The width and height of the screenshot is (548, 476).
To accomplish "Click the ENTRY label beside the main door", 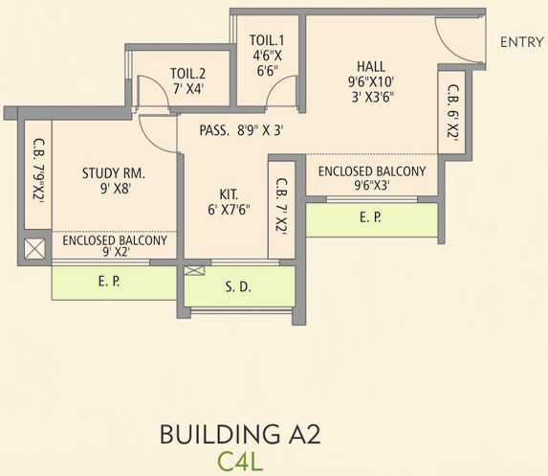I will [x=520, y=42].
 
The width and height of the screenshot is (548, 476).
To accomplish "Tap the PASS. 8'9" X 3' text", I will [x=241, y=131].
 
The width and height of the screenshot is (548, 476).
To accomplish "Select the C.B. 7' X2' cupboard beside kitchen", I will [x=282, y=207].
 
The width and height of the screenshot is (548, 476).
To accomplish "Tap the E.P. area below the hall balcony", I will [x=371, y=218].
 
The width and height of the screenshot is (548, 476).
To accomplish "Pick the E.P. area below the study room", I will [x=114, y=283].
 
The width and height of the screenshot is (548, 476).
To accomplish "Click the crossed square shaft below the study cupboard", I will [x=34, y=250].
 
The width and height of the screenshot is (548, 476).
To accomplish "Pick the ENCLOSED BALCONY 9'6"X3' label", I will [x=371, y=178].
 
